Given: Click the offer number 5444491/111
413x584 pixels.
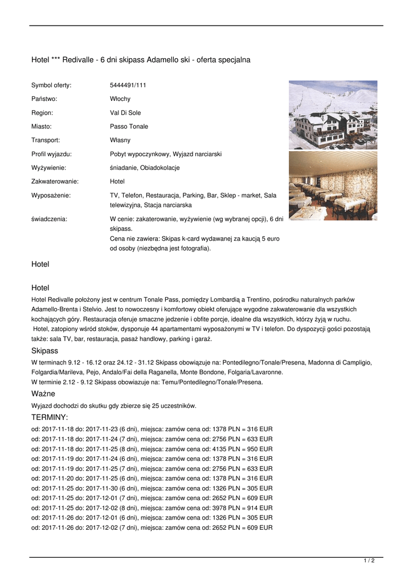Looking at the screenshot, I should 128,86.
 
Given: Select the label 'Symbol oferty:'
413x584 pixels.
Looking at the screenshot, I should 51,86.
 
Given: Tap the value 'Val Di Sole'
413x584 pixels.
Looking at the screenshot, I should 125,113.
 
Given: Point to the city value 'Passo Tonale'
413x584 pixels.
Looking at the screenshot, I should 129,127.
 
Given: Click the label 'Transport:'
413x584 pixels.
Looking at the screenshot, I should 46,140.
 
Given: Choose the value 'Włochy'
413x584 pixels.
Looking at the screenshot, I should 120,99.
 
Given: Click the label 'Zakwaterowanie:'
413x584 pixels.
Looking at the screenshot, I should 55,181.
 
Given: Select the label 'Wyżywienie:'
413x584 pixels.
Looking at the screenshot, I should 49,168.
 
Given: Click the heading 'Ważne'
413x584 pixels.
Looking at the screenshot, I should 43,394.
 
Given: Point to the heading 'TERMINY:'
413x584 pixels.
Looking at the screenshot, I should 50,418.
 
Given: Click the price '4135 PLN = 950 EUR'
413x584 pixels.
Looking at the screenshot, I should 242,449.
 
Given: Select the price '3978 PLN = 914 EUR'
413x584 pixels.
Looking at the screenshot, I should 242,508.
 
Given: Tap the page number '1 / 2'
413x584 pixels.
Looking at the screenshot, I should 369,561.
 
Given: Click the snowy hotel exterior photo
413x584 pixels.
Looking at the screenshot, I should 333,115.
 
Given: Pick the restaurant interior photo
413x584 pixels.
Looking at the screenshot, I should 333,185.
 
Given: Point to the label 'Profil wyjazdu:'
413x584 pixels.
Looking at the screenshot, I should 51,154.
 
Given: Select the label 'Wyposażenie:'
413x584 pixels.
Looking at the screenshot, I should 51,195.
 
